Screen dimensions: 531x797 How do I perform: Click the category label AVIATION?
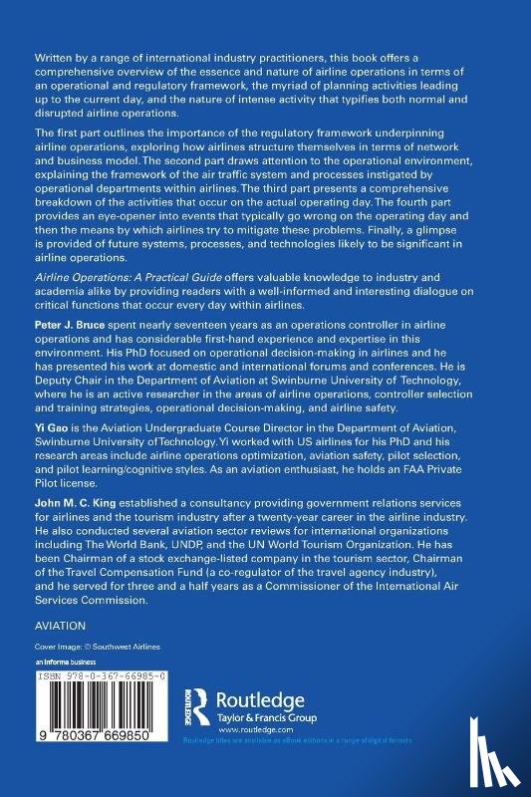pyautogui.click(x=61, y=626)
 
